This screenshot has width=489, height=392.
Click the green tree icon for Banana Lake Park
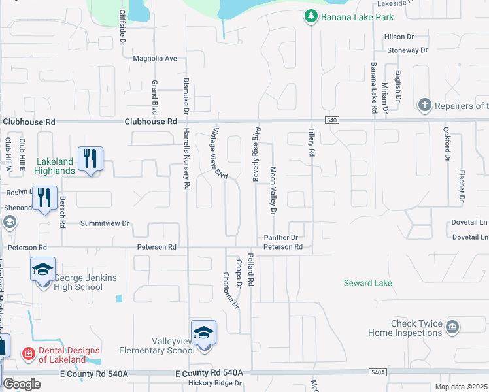(312, 16)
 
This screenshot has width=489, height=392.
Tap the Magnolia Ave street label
(155, 59)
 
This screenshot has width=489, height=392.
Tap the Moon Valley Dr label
(273, 190)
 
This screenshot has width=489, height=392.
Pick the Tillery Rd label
(311, 142)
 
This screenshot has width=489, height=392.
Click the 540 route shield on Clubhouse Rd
(331, 120)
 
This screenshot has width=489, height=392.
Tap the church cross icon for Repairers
(424, 105)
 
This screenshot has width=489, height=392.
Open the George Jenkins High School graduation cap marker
(42, 270)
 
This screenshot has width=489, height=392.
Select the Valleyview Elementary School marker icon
(203, 333)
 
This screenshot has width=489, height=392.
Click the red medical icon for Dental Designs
(28, 353)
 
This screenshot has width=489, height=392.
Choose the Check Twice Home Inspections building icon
(452, 327)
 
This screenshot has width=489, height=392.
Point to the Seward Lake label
(368, 283)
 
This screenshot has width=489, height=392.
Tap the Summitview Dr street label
(105, 223)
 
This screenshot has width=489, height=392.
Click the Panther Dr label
(281, 238)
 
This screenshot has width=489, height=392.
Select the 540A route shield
(378, 372)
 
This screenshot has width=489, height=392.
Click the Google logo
(22, 384)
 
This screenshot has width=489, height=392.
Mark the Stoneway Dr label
(407, 50)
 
